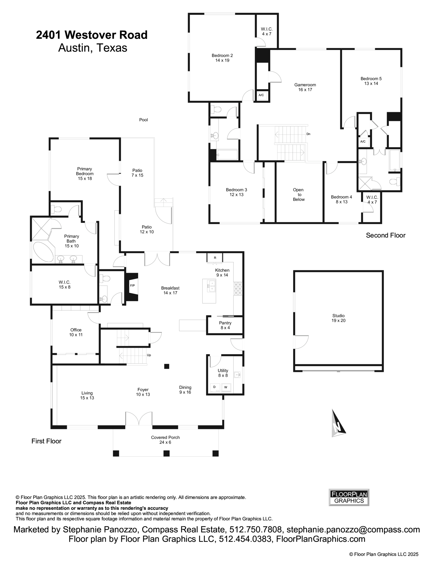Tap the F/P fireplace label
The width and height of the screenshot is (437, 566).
click(132, 286)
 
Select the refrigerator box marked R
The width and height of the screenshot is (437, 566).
click(215, 257)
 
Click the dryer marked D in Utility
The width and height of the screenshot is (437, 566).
click(214, 387)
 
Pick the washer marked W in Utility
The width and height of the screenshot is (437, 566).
click(226, 387)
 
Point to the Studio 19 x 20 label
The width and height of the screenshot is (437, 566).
click(338, 318)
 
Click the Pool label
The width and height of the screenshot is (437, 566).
click(143, 120)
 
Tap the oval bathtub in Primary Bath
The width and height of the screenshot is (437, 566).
click(43, 252)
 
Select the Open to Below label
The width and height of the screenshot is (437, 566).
click(299, 194)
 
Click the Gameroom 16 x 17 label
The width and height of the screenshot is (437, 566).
click(305, 87)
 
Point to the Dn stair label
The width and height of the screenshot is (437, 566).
click(308, 134)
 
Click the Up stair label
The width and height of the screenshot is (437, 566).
click(149, 355)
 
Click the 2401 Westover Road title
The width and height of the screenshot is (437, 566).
click(92, 35)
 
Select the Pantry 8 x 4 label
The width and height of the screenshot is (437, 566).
click(225, 325)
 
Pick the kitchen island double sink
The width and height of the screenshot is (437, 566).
click(211, 286)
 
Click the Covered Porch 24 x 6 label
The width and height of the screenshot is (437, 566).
click(165, 440)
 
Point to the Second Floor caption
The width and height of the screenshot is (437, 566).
click(385, 235)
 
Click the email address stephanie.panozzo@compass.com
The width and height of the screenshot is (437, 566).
click(353, 529)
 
